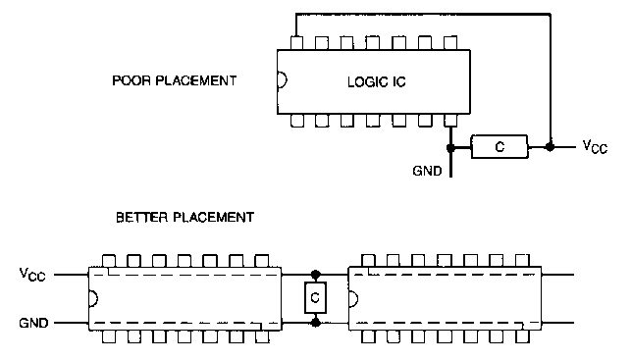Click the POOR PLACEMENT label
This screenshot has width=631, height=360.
pyautogui.click(x=175, y=80)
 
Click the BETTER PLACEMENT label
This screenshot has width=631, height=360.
pyautogui.click(x=185, y=218)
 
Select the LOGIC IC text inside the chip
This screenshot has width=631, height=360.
pyautogui.click(x=377, y=82)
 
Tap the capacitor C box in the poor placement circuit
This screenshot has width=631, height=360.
pyautogui.click(x=500, y=147)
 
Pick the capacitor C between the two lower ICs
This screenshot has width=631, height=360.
pyautogui.click(x=316, y=297)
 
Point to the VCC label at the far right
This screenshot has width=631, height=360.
pyautogui.click(x=595, y=147)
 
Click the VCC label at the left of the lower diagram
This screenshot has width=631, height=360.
pyautogui.click(x=32, y=275)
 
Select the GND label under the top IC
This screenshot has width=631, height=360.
pyautogui.click(x=427, y=171)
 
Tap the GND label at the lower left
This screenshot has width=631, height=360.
pyautogui.click(x=33, y=323)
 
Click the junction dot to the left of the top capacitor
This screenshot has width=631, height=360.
pyautogui.click(x=450, y=148)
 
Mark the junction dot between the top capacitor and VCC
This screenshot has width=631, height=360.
pyautogui.click(x=550, y=147)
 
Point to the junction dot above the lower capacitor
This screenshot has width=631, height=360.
pyautogui.click(x=316, y=275)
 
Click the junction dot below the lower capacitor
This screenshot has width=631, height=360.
pyautogui.click(x=316, y=323)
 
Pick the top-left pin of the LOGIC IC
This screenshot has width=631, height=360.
pyautogui.click(x=296, y=43)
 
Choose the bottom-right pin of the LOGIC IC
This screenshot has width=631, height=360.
pyautogui.click(x=450, y=121)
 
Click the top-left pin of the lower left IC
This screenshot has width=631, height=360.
pyautogui.click(x=109, y=261)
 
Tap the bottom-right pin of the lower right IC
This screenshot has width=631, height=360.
pyautogui.click(x=522, y=336)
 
